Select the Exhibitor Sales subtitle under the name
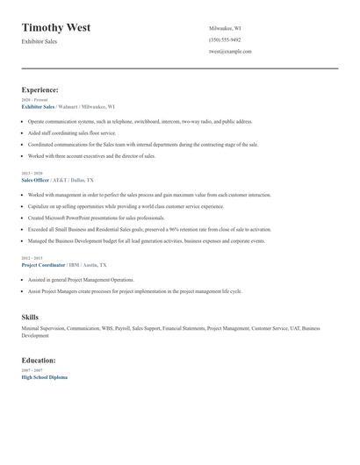pyautogui.click(x=40, y=41)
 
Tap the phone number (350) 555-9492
pyautogui.click(x=225, y=39)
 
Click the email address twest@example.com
pyautogui.click(x=230, y=51)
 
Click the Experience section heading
pyautogui.click(x=40, y=89)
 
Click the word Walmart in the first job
pyautogui.click(x=68, y=106)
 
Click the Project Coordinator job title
pyautogui.click(x=44, y=264)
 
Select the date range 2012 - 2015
pyautogui.click(x=32, y=258)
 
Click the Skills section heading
pyautogui.click(x=30, y=316)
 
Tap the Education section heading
pyautogui.click(x=39, y=360)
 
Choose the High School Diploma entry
pyautogui.click(x=44, y=376)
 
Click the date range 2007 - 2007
pyautogui.click(x=32, y=370)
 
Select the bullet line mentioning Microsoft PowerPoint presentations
pyautogui.click(x=97, y=217)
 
